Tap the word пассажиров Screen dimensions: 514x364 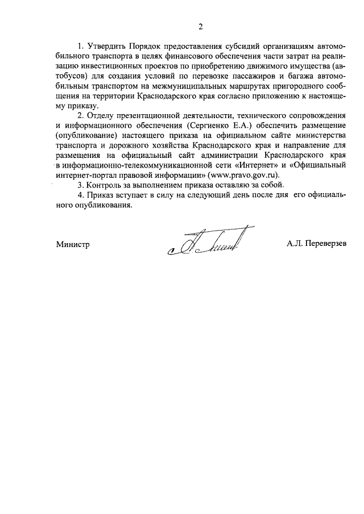(249, 76)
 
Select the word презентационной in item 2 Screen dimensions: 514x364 (142, 116)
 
